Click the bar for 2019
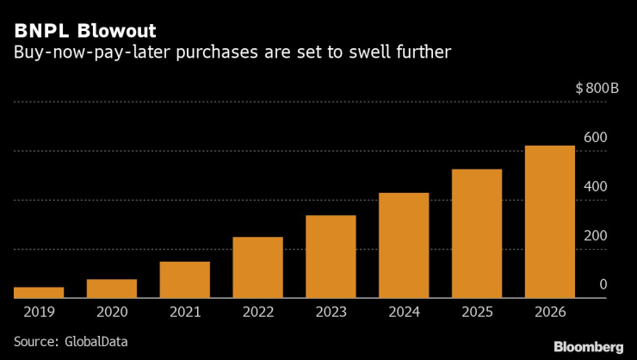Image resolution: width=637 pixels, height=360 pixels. click(39, 293)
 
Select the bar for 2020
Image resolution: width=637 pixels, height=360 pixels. click(112, 289)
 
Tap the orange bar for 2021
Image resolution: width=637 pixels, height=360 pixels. click(185, 280)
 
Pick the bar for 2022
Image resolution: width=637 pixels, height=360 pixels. click(257, 268)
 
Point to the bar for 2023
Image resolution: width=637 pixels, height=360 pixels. click(331, 257)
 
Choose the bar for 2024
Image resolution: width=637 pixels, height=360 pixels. click(404, 245)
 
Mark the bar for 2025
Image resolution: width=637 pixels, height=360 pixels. click(477, 234)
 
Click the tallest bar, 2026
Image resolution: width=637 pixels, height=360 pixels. click(550, 222)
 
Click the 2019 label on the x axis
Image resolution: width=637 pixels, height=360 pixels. click(39, 312)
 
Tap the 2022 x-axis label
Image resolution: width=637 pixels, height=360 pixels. click(257, 312)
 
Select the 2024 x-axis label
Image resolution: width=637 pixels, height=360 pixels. click(404, 312)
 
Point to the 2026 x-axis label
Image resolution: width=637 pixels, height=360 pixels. click(550, 312)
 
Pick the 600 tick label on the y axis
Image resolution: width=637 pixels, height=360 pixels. click(596, 138)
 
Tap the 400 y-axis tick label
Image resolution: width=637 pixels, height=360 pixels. click(596, 187)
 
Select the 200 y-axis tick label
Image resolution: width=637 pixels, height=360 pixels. click(596, 236)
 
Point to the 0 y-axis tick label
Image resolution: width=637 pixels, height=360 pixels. click(603, 285)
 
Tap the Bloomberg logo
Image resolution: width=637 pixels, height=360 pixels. click(588, 345)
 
